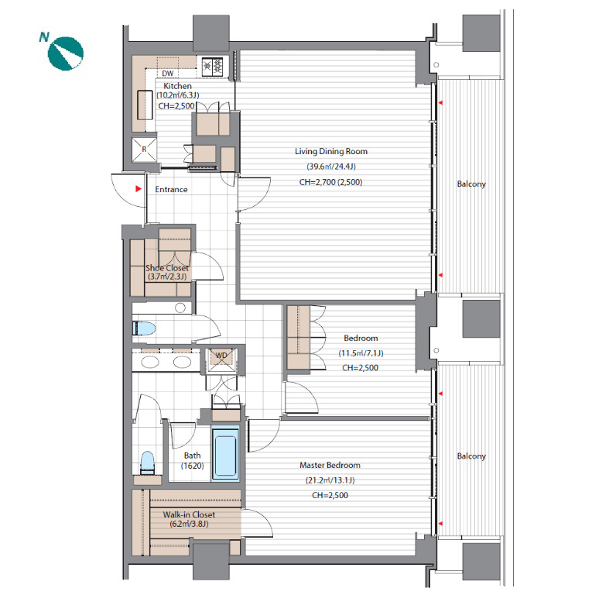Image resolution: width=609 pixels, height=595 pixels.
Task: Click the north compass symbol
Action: click(65, 53)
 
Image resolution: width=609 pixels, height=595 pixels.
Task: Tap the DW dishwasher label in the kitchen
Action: click(168, 74)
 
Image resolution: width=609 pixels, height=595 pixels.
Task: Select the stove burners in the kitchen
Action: click(212, 67)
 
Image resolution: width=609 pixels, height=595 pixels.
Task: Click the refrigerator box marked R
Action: click(144, 150)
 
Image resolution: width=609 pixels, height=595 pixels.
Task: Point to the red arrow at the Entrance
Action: click(138, 189)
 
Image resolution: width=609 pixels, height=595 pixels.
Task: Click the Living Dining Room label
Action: click(331, 151)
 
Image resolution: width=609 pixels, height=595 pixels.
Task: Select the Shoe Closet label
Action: click(167, 268)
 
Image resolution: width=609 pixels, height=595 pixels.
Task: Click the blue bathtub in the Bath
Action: click(225, 453)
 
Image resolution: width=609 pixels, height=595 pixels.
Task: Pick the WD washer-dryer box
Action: click(221, 359)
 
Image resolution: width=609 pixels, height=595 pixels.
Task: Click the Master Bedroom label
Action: click(330, 465)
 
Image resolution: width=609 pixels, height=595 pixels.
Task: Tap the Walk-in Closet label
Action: click(189, 514)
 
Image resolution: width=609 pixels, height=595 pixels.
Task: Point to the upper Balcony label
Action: click(471, 184)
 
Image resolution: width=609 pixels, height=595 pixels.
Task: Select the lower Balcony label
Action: click(471, 456)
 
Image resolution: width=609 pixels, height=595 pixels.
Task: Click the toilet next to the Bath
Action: click(147, 463)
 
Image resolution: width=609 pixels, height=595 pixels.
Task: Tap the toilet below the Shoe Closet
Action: click(144, 328)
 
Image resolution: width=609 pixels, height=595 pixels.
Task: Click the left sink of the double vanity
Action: click(149, 362)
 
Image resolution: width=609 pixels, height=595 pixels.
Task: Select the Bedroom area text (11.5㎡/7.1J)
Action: click(361, 353)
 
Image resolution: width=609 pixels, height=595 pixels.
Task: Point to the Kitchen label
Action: click(177, 86)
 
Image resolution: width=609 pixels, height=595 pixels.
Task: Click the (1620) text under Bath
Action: click(192, 466)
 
